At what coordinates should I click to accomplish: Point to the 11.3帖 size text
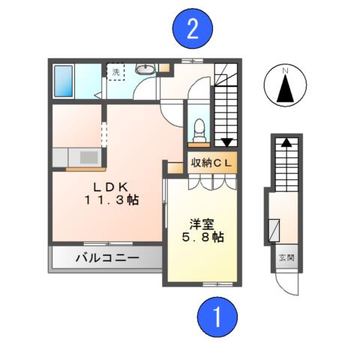[x=110, y=200]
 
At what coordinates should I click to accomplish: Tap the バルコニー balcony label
[x=106, y=259]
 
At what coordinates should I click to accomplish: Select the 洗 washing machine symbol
[x=117, y=73]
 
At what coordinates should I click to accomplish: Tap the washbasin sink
[x=144, y=70]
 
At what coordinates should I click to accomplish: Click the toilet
[x=199, y=129]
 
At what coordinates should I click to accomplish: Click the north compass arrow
[x=284, y=88]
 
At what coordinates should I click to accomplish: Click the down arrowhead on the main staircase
[x=226, y=141]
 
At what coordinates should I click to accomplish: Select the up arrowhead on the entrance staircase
[x=286, y=142]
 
